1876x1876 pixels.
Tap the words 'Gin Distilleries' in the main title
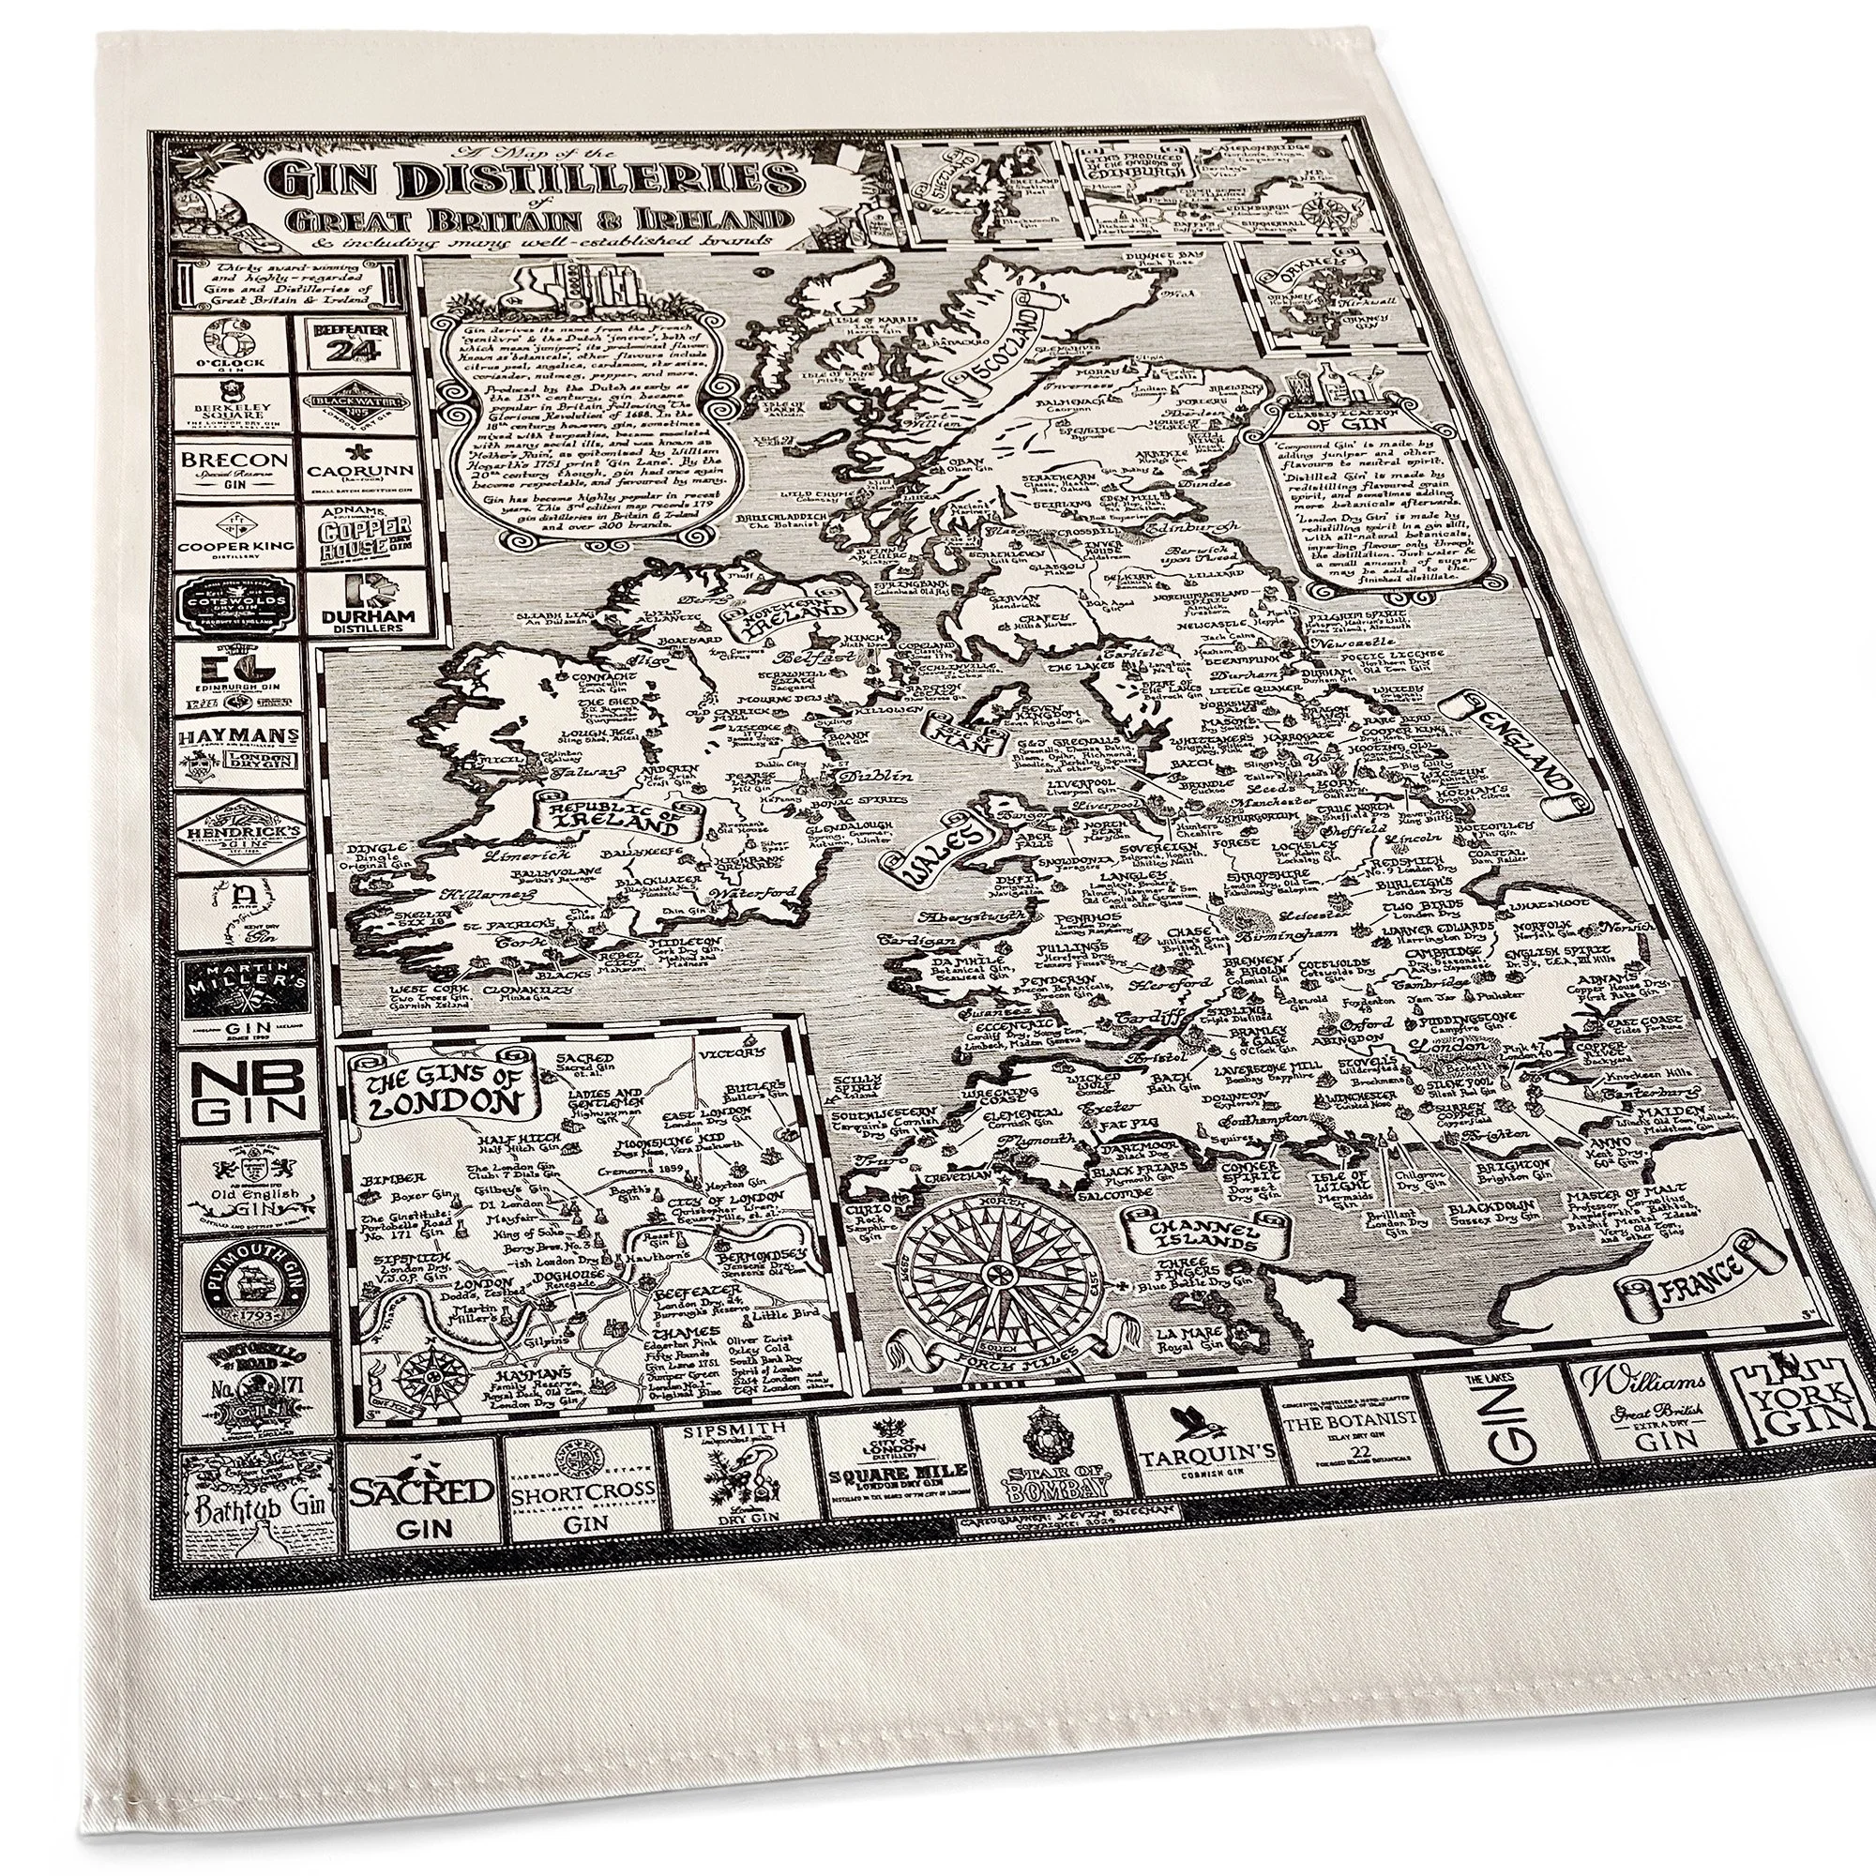(537, 183)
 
